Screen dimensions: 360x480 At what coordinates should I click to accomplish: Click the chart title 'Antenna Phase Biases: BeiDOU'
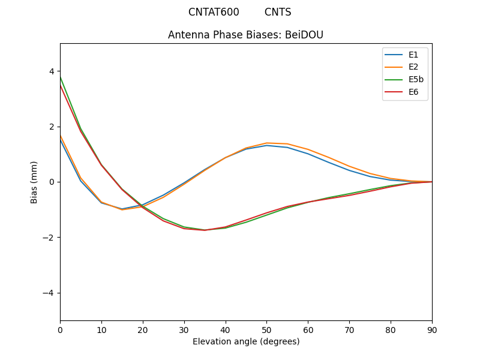(245, 35)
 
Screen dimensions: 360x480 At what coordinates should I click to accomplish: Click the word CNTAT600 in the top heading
(214, 12)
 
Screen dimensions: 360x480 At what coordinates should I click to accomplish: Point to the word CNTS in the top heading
(278, 12)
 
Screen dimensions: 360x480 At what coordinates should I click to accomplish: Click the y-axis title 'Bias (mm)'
(34, 182)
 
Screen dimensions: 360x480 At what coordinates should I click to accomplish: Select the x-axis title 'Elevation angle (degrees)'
(246, 341)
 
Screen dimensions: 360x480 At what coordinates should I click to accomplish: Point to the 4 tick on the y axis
(52, 71)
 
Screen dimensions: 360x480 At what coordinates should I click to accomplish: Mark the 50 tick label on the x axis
(266, 329)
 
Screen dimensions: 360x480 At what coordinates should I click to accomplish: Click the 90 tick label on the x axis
(432, 329)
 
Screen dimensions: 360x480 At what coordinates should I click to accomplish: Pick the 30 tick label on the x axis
(184, 329)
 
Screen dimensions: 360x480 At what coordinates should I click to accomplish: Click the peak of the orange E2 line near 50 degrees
(266, 143)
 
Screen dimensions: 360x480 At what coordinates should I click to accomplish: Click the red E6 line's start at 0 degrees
(61, 86)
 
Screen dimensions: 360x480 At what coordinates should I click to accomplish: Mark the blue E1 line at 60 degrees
(308, 154)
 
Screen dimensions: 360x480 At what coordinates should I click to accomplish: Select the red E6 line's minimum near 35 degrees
(205, 230)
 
